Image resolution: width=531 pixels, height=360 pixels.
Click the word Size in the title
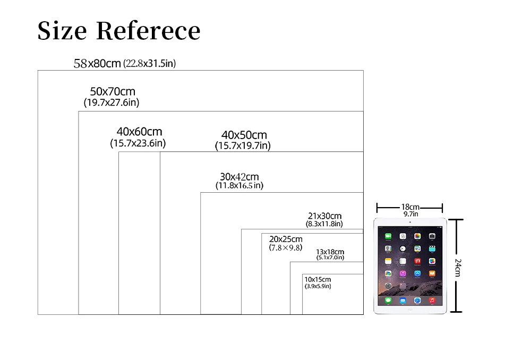pyautogui.click(x=62, y=31)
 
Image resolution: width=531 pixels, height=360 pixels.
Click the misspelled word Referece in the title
pyautogui.click(x=148, y=31)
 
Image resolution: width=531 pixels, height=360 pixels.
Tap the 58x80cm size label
pyautogui.click(x=97, y=64)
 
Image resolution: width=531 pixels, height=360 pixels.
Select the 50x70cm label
pyautogui.click(x=112, y=92)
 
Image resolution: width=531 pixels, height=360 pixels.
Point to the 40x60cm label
pyautogui.click(x=139, y=132)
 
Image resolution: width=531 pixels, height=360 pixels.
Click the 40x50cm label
pyautogui.click(x=244, y=135)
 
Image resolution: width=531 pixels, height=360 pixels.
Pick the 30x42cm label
pyautogui.click(x=239, y=176)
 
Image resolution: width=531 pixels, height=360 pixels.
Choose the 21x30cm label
pyautogui.click(x=324, y=216)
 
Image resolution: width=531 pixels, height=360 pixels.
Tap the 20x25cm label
pyautogui.click(x=286, y=239)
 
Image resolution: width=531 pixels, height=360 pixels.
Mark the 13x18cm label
pyautogui.click(x=330, y=252)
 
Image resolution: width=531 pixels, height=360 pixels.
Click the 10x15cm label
pyautogui.click(x=318, y=279)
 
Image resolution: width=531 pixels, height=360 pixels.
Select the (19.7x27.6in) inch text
pyautogui.click(x=112, y=102)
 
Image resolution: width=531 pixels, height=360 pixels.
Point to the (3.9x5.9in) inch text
pyautogui.click(x=318, y=286)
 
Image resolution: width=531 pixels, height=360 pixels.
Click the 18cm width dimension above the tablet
pyautogui.click(x=410, y=207)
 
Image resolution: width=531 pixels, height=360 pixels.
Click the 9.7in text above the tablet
pyautogui.click(x=410, y=214)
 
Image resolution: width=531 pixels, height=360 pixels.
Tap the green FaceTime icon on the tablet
pyautogui.click(x=388, y=236)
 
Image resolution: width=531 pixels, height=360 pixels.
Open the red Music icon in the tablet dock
pyautogui.click(x=432, y=301)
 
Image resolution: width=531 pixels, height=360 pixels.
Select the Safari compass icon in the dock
pyautogui.click(x=417, y=301)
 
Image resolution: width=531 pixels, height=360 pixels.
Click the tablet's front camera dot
pyautogui.click(x=410, y=222)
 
